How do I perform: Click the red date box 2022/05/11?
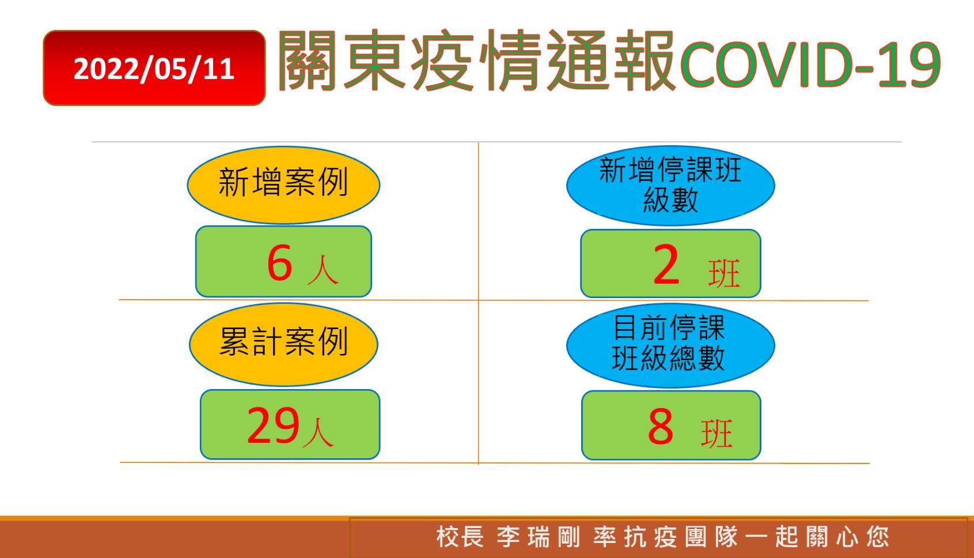[154, 68]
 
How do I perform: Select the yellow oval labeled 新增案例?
[283, 185]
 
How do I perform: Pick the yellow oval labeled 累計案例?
[283, 345]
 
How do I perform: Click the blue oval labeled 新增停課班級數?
[670, 186]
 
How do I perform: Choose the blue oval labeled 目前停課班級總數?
[670, 345]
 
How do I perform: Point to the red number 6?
[279, 262]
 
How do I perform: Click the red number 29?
[273, 425]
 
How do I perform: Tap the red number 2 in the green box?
[666, 264]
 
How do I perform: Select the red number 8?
[661, 427]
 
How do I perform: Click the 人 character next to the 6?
[323, 270]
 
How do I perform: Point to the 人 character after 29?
[319, 433]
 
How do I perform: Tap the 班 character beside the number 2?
[724, 273]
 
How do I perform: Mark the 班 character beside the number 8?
[717, 433]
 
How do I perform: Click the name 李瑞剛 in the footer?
[539, 537]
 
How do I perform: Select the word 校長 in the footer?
[460, 537]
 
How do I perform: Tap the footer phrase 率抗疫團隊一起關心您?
[742, 537]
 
